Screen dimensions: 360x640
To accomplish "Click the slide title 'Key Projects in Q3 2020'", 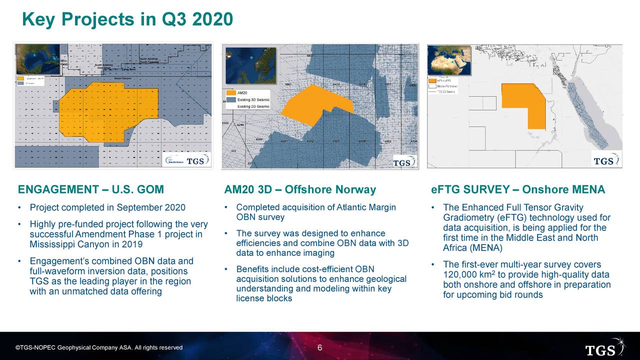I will [127, 19].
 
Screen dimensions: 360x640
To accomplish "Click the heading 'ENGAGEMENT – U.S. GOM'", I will [91, 190].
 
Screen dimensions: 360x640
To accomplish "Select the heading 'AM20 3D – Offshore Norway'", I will [300, 190].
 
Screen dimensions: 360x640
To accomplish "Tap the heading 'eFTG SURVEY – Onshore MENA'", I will [518, 190].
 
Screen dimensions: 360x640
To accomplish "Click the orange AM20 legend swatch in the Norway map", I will [230, 93].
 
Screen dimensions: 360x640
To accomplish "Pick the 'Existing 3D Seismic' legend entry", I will [253, 100].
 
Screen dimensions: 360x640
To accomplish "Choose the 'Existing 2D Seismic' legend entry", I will [253, 106].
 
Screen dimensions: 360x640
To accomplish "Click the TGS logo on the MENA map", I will [606, 160].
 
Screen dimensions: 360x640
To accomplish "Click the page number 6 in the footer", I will [320, 348].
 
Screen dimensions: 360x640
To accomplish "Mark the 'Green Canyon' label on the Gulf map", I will [123, 78].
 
